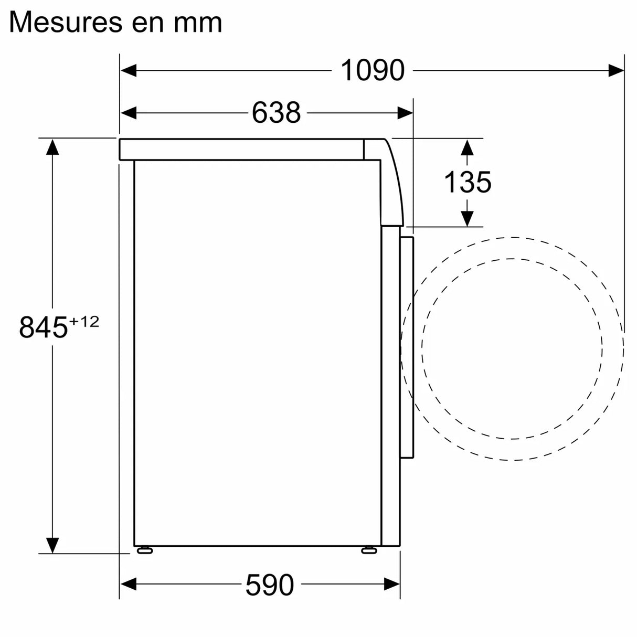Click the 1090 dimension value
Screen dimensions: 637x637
tap(373, 70)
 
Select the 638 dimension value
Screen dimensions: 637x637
tap(276, 112)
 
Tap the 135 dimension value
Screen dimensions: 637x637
tap(467, 182)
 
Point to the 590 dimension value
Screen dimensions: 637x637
tap(269, 585)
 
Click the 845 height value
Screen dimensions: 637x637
tap(44, 327)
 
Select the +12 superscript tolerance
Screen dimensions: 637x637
tap(84, 321)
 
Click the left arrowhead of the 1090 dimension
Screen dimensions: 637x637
tap(129, 70)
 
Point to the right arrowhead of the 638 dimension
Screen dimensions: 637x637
tap(405, 112)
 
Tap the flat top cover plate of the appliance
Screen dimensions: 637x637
tap(241, 150)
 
